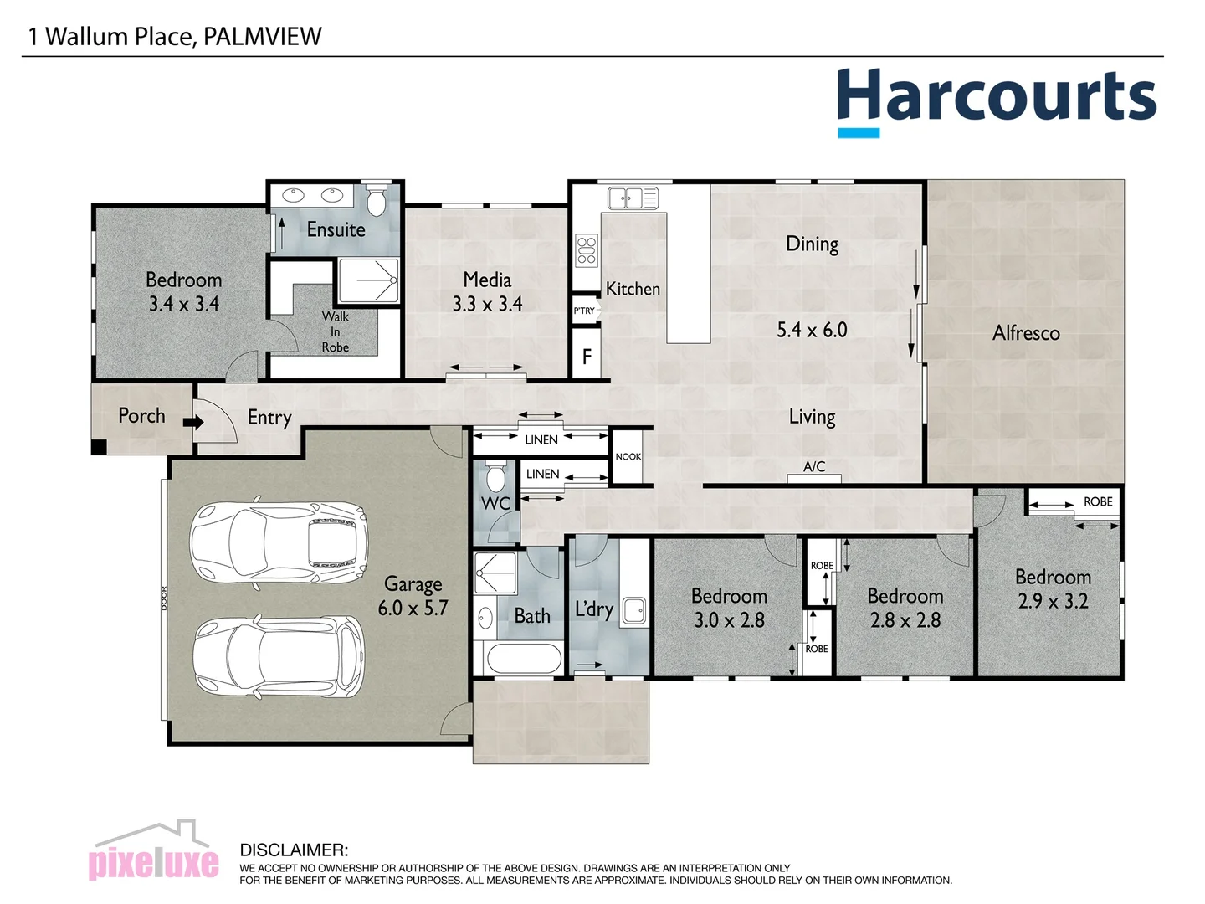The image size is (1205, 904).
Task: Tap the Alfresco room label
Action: pyautogui.click(x=1026, y=333)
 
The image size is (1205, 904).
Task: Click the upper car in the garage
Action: pyautogui.click(x=279, y=543)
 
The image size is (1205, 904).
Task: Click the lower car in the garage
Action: pyautogui.click(x=279, y=658)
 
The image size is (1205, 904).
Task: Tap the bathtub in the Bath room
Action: pyautogui.click(x=524, y=659)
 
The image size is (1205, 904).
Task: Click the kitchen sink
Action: pyautogui.click(x=633, y=198)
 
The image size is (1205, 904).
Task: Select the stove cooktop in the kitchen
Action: pyautogui.click(x=587, y=250)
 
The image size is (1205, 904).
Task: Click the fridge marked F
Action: pyautogui.click(x=587, y=357)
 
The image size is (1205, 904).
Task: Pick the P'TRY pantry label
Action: pyautogui.click(x=584, y=311)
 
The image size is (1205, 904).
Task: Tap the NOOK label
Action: pyautogui.click(x=628, y=457)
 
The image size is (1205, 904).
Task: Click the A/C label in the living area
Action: pyautogui.click(x=814, y=467)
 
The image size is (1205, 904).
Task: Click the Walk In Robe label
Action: pyautogui.click(x=335, y=331)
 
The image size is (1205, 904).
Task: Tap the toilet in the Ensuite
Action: pyautogui.click(x=377, y=200)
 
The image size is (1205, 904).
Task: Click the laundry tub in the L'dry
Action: pyautogui.click(x=633, y=611)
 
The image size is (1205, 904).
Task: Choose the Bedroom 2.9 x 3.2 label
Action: pyautogui.click(x=1053, y=588)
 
